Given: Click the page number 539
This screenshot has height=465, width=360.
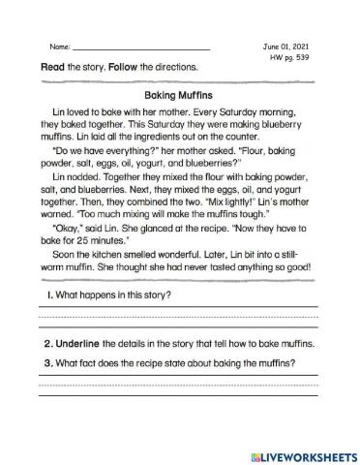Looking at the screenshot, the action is point(307,57).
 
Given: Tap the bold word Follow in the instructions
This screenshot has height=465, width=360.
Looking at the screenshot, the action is point(120,67).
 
